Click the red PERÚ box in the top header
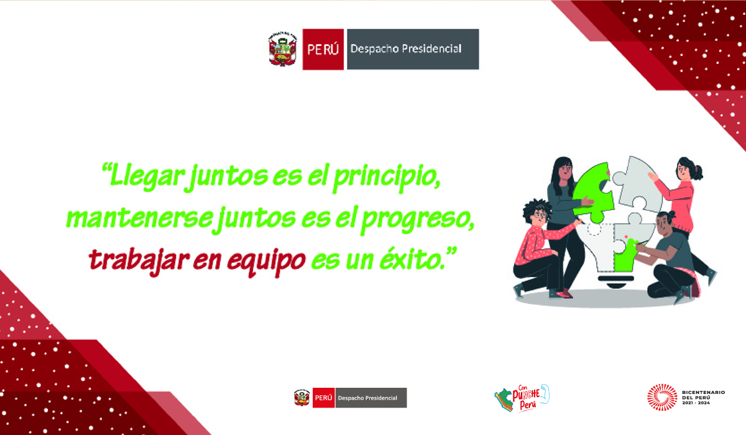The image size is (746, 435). (x=323, y=49)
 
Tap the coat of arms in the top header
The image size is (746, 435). (x=282, y=49)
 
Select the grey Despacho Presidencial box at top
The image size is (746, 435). (x=413, y=49)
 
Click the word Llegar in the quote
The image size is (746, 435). (x=147, y=176)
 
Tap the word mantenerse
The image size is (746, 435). (x=139, y=218)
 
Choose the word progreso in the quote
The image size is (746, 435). (x=418, y=219)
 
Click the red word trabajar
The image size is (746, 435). (x=139, y=261)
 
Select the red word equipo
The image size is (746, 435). (x=266, y=262)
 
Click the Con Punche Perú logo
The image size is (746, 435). (x=522, y=398)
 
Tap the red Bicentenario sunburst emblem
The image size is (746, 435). (x=662, y=397)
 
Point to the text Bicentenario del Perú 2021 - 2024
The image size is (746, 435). (x=703, y=397)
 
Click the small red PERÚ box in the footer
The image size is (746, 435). (x=323, y=398)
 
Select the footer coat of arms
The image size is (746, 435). (x=302, y=398)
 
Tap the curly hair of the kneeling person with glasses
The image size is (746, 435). (x=536, y=209)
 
